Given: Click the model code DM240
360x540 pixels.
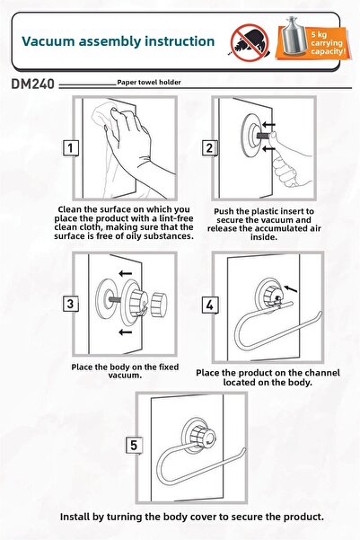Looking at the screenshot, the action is pyautogui.click(x=32, y=84).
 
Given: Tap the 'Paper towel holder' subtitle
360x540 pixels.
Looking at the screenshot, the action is pyautogui.click(x=149, y=83).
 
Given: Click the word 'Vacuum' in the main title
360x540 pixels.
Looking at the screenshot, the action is pyautogui.click(x=48, y=41).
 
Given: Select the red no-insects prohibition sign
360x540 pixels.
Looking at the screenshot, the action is pyautogui.click(x=250, y=43).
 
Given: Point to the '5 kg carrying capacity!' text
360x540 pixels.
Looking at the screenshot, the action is pyautogui.click(x=327, y=43).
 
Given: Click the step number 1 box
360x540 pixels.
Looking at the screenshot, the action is pyautogui.click(x=71, y=148).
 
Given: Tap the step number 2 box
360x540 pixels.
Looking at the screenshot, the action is pyautogui.click(x=209, y=148).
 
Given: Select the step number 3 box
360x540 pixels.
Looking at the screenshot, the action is pyautogui.click(x=71, y=304).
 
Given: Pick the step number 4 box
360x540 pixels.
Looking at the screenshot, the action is pyautogui.click(x=209, y=305).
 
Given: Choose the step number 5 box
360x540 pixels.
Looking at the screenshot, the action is pyautogui.click(x=134, y=446).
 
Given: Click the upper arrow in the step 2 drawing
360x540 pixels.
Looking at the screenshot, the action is pyautogui.click(x=268, y=124).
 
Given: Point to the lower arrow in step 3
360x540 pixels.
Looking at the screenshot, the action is pyautogui.click(x=126, y=332).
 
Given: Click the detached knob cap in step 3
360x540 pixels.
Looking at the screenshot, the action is pyautogui.click(x=159, y=305).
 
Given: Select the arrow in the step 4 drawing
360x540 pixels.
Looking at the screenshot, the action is pyautogui.click(x=291, y=288).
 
